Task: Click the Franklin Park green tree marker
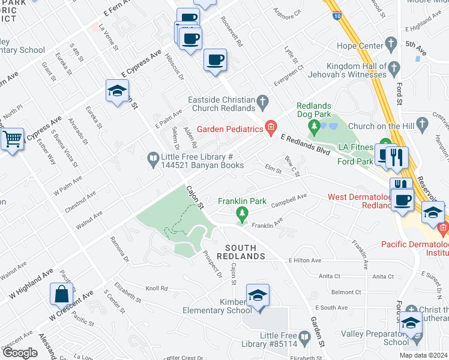tap(242, 214)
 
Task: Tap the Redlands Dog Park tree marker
tap(313, 127)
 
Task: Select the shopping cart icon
tap(12, 139)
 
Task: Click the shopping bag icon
tap(62, 294)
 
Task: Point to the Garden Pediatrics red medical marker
tap(271, 128)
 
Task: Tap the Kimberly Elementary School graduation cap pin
tap(258, 296)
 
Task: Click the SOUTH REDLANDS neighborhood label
tap(245, 252)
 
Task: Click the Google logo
tap(20, 353)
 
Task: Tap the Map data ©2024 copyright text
tap(423, 355)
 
